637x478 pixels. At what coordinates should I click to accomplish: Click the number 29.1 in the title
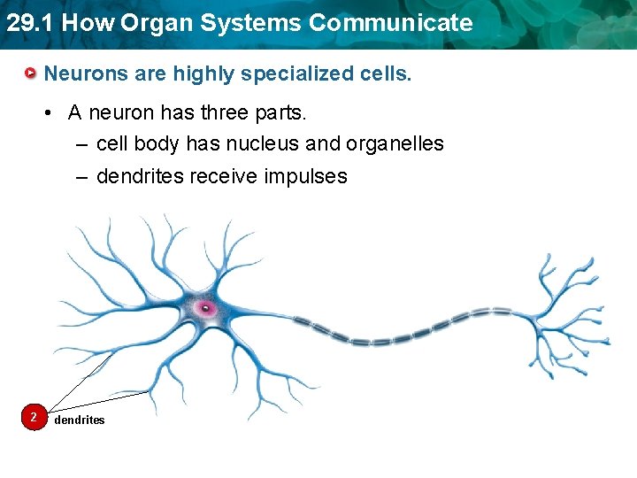click(x=28, y=23)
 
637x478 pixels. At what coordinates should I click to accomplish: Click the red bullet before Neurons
click(x=31, y=73)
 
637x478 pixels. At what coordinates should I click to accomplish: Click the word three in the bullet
click(x=237, y=112)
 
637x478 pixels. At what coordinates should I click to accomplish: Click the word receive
click(x=230, y=176)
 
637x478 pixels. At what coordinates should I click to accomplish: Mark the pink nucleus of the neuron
click(x=205, y=308)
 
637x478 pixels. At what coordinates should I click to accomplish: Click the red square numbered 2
click(x=33, y=417)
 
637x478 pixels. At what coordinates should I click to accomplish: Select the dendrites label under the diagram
click(x=79, y=420)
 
